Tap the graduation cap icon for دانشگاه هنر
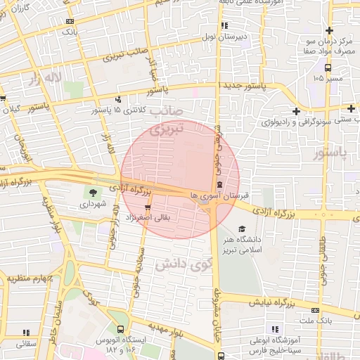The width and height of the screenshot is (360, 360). point(243,229)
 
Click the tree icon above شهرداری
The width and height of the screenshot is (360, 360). point(93,192)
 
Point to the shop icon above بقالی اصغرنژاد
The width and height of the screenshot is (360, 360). point(148,207)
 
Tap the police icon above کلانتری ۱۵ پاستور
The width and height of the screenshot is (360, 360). point(118,100)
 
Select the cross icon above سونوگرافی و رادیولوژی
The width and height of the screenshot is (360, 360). point(297,111)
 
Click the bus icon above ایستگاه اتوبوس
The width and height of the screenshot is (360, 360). point(121,329)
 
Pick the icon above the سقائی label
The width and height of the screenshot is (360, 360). point(26,332)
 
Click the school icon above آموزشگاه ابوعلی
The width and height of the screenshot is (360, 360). point(274,329)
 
